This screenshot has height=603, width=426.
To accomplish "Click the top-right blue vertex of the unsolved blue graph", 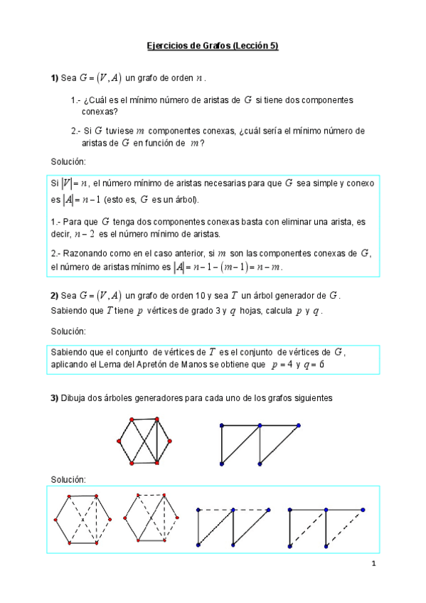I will point(298,425).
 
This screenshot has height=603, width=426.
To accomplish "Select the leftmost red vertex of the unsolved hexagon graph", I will point(118,441).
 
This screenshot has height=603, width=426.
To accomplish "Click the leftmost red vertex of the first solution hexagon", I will point(54,520).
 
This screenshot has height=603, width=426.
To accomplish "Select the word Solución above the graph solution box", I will point(68,479).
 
